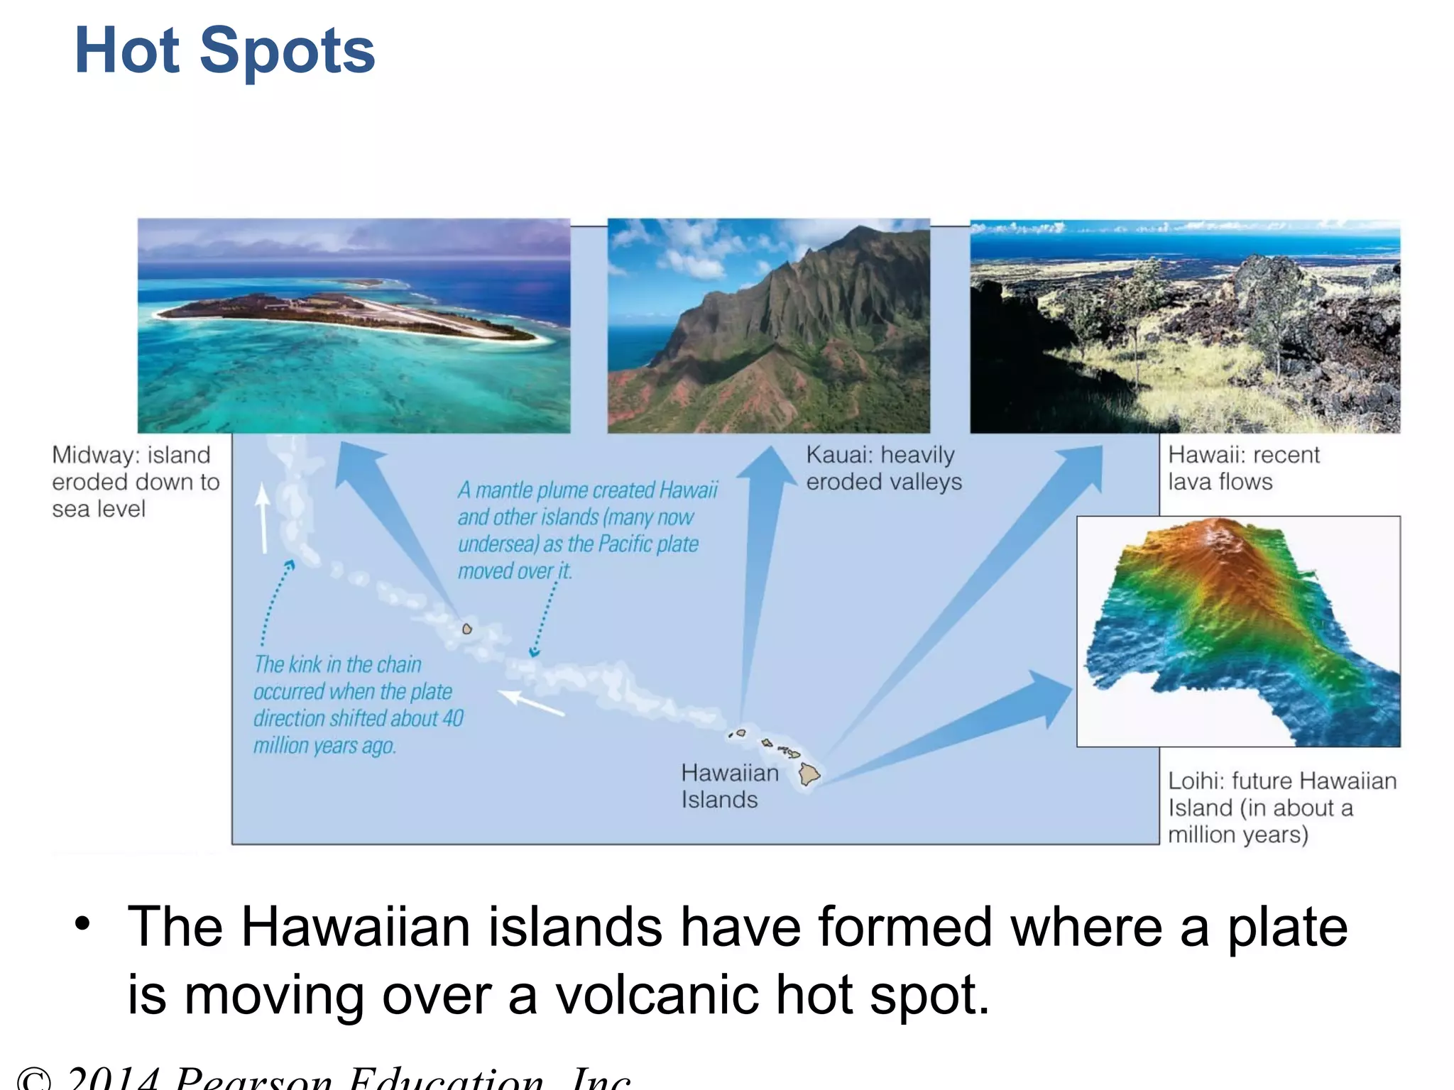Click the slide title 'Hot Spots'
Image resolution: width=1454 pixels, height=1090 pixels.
click(x=224, y=51)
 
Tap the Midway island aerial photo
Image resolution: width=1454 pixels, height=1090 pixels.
click(x=354, y=326)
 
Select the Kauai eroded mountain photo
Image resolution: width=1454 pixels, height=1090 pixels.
click(x=768, y=326)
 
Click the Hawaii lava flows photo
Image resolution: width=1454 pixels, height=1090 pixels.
click(x=1185, y=326)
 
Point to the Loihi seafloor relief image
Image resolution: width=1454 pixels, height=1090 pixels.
click(x=1238, y=631)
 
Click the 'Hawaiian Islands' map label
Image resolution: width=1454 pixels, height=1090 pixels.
click(x=729, y=786)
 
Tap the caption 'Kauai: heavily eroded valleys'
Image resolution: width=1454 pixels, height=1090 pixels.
click(x=883, y=468)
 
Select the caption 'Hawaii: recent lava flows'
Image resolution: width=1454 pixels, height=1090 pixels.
click(x=1243, y=468)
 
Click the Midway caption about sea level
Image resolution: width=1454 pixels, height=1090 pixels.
click(x=135, y=482)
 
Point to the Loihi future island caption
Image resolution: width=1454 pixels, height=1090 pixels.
click(x=1281, y=808)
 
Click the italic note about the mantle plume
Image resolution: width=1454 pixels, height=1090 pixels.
click(x=586, y=530)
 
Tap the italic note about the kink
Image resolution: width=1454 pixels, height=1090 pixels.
click(x=358, y=705)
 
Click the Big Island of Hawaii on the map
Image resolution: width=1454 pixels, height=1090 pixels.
click(x=809, y=774)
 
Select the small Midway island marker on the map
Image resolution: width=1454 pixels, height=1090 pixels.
click(x=467, y=629)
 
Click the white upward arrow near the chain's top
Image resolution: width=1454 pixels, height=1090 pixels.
click(x=263, y=518)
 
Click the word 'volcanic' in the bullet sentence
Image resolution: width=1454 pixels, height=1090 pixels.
click(x=656, y=995)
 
